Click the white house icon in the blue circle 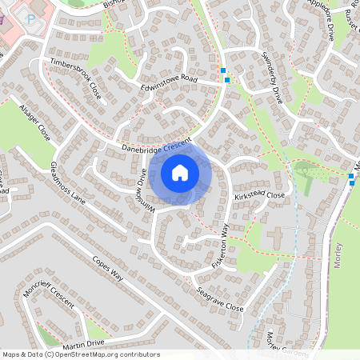(x=180, y=172)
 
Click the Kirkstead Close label (x=259, y=194)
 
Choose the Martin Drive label (x=84, y=343)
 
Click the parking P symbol (x=31, y=18)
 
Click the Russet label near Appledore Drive (x=349, y=24)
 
